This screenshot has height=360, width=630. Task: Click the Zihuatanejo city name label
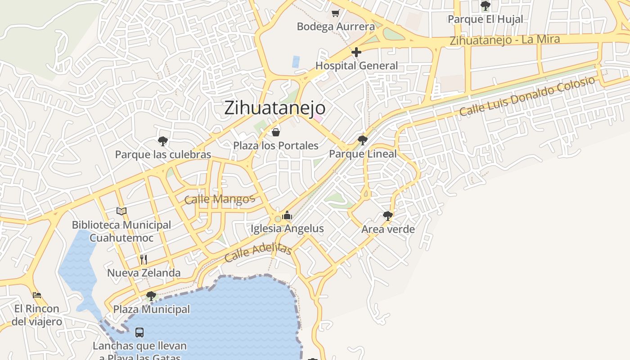274,108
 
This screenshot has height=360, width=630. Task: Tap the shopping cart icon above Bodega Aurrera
335,13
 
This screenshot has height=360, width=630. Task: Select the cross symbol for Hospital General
356,52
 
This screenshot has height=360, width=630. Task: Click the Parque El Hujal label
485,19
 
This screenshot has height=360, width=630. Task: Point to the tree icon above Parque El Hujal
485,6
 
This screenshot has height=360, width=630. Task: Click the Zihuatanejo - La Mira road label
505,40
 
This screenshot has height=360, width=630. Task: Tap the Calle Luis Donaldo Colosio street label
527,96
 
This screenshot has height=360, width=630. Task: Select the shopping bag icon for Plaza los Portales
276,132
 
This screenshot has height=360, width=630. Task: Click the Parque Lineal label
363,154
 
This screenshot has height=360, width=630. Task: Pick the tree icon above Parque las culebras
163,141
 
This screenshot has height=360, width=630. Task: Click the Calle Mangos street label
220,199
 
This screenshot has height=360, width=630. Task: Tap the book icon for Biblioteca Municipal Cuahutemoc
121,211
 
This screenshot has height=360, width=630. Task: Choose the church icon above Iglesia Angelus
287,216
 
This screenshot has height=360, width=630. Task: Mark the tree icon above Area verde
387,216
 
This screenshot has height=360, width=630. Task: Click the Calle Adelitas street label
258,253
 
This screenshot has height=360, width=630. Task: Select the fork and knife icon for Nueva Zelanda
144,259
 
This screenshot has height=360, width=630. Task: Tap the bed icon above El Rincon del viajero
37,295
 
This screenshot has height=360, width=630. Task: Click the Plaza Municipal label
151,310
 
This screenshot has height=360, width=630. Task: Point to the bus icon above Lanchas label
139,333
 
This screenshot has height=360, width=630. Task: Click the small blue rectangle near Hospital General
296,62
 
